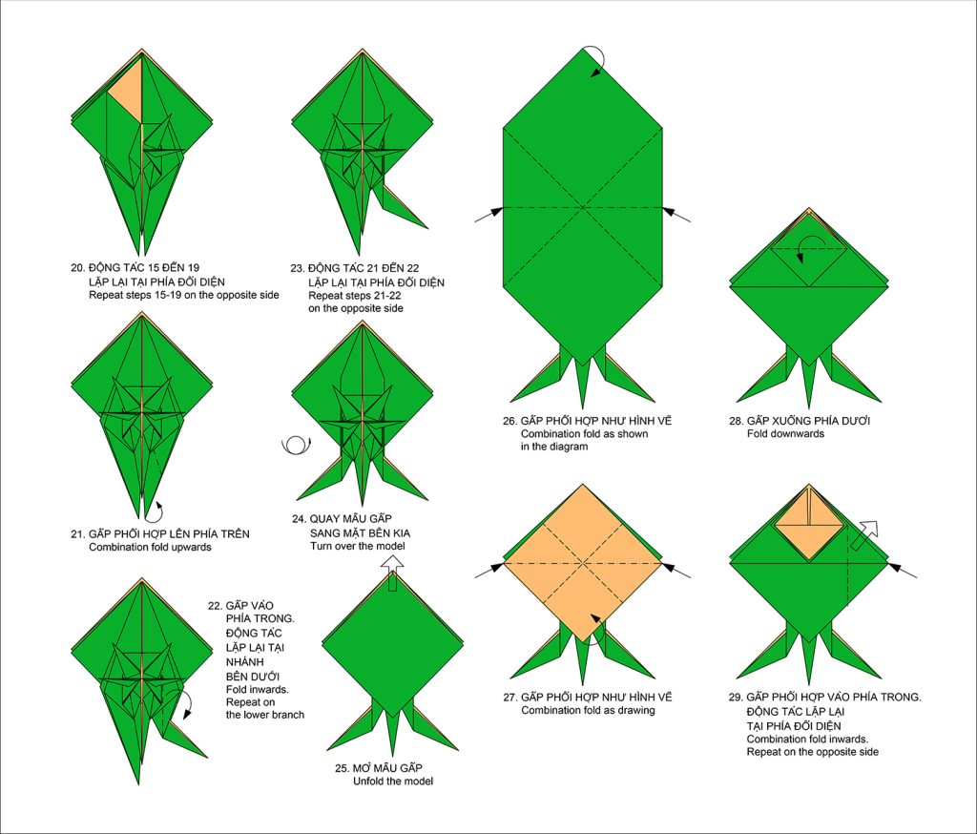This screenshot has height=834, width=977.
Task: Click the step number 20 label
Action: point(77,268)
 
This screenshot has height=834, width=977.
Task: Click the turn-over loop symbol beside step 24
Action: point(297,445)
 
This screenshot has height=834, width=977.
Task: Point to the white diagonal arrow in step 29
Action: point(864,534)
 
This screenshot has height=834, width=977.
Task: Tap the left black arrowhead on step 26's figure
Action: point(495,212)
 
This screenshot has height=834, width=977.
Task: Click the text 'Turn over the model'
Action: point(357,546)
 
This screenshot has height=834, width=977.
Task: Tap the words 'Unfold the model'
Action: point(392,781)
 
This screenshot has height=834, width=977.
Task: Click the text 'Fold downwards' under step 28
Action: point(785,434)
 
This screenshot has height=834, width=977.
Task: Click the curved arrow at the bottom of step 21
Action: point(156,511)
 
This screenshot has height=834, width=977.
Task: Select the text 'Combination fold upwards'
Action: point(150,548)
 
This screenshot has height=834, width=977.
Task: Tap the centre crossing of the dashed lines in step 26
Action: point(583,207)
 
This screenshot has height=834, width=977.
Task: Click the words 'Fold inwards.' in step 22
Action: point(258,689)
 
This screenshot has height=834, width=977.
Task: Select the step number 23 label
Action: point(297,269)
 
